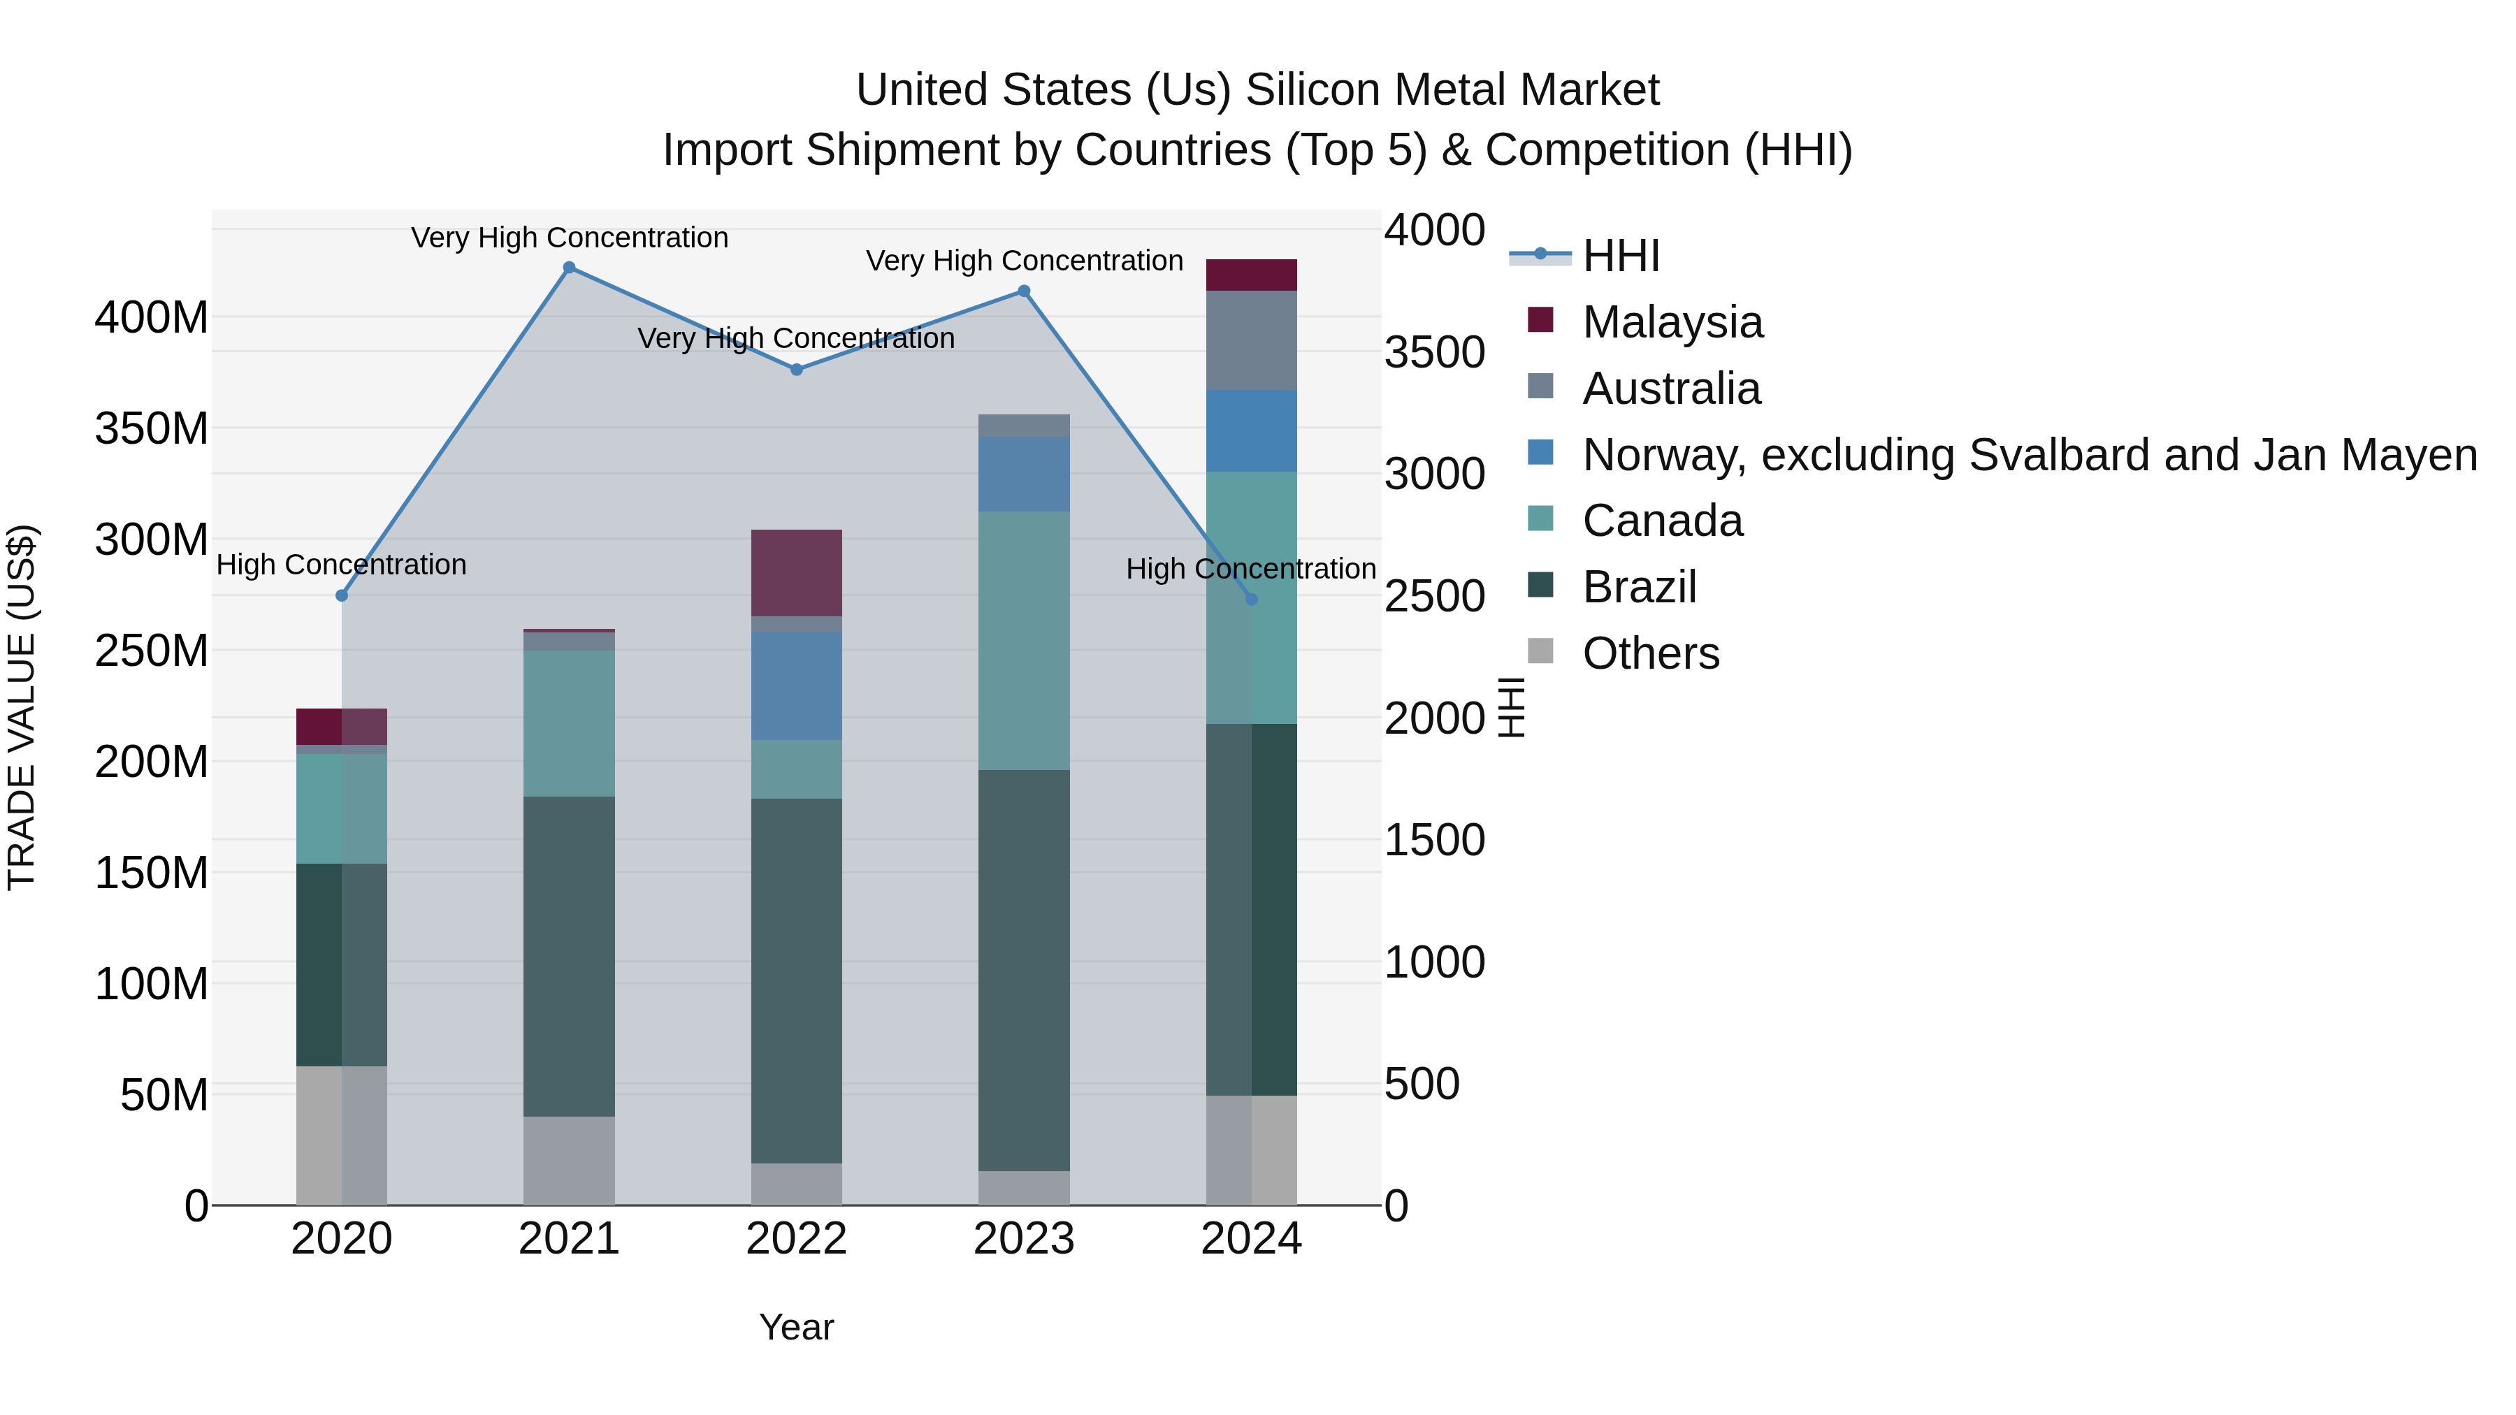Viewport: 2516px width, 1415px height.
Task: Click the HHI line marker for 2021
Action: click(570, 268)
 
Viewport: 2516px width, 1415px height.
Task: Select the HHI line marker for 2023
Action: click(1024, 291)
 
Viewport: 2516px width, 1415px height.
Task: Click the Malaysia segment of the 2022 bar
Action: click(796, 572)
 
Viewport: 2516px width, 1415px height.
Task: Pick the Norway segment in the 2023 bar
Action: click(1024, 474)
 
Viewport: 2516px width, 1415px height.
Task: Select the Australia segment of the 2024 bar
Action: click(1251, 341)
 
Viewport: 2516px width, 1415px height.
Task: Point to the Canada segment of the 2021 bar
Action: click(570, 724)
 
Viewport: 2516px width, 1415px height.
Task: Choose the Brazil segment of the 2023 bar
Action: click(1024, 970)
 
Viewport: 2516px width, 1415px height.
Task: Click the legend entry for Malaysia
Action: click(1672, 322)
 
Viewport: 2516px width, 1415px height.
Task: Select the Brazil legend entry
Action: click(1639, 587)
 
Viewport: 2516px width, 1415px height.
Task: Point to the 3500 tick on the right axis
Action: click(1434, 353)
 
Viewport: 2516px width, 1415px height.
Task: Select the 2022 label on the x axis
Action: click(796, 1239)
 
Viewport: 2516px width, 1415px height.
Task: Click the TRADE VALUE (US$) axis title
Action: click(22, 707)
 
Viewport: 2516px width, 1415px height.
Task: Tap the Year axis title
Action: click(796, 1327)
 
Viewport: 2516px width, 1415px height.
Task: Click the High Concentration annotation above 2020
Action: click(341, 565)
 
